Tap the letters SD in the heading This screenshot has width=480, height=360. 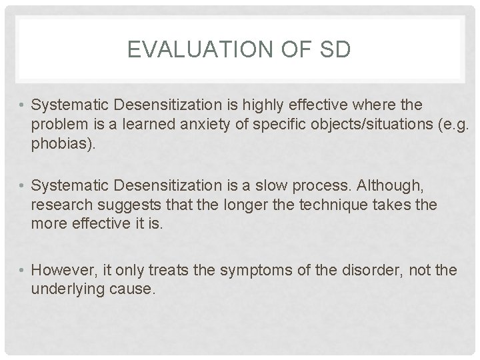click(x=331, y=50)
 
